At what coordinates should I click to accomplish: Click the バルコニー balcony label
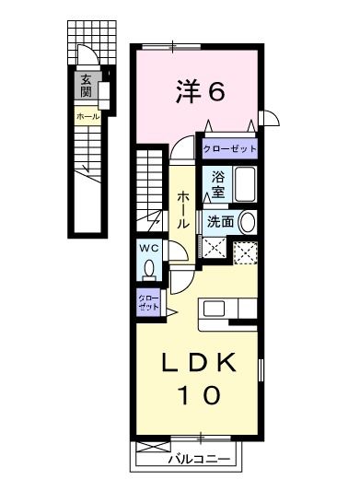click(x=198, y=458)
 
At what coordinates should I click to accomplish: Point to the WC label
click(x=150, y=248)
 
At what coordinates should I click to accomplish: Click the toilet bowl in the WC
click(x=150, y=268)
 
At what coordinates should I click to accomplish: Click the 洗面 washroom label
click(x=219, y=221)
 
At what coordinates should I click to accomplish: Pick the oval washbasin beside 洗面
click(x=246, y=221)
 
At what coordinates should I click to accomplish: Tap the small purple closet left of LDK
click(x=148, y=303)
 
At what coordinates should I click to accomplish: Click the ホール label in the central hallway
click(x=183, y=209)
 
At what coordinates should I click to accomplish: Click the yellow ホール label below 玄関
click(x=87, y=118)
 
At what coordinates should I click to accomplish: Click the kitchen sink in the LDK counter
click(x=211, y=307)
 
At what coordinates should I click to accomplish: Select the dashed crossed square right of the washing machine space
click(x=245, y=251)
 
